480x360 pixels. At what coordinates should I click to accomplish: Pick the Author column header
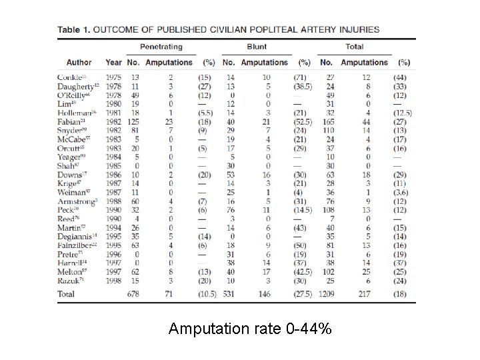click(x=79, y=62)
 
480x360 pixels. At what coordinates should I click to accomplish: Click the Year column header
click(x=113, y=62)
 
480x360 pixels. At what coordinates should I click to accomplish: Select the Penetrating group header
click(x=161, y=47)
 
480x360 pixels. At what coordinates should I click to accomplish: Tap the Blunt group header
click(x=257, y=47)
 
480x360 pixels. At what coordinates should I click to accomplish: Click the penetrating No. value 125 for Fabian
click(x=133, y=121)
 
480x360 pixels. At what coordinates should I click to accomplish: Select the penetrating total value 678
click(x=133, y=293)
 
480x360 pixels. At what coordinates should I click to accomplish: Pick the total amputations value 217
click(x=365, y=293)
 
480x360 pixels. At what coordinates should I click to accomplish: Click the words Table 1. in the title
click(x=74, y=29)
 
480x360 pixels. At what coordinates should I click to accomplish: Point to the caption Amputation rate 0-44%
click(x=249, y=329)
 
